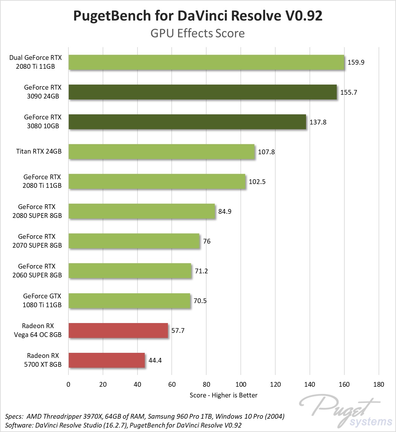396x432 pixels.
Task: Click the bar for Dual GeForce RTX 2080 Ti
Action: pos(206,62)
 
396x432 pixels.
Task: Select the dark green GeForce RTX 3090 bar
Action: pos(203,92)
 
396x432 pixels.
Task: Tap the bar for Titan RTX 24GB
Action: pos(162,152)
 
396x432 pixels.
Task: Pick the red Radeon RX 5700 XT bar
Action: pos(106,360)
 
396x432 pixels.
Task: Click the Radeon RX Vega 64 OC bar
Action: pos(118,331)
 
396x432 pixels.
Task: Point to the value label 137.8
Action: pos(318,122)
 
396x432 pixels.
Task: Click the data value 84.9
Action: pos(225,212)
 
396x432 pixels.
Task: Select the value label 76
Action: pos(207,241)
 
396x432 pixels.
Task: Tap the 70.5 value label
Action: pos(200,301)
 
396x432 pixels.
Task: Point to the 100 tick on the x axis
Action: pos(241,384)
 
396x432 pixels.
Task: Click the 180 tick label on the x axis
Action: pos(379,384)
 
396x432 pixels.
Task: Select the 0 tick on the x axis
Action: pos(68,384)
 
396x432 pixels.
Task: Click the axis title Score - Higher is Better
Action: pos(223,395)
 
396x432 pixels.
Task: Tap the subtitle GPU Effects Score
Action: pos(197,33)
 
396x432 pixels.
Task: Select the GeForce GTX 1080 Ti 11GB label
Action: pos(42,301)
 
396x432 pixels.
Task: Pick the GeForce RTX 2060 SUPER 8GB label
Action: pos(37,271)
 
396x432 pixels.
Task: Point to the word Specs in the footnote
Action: pos(14,416)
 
